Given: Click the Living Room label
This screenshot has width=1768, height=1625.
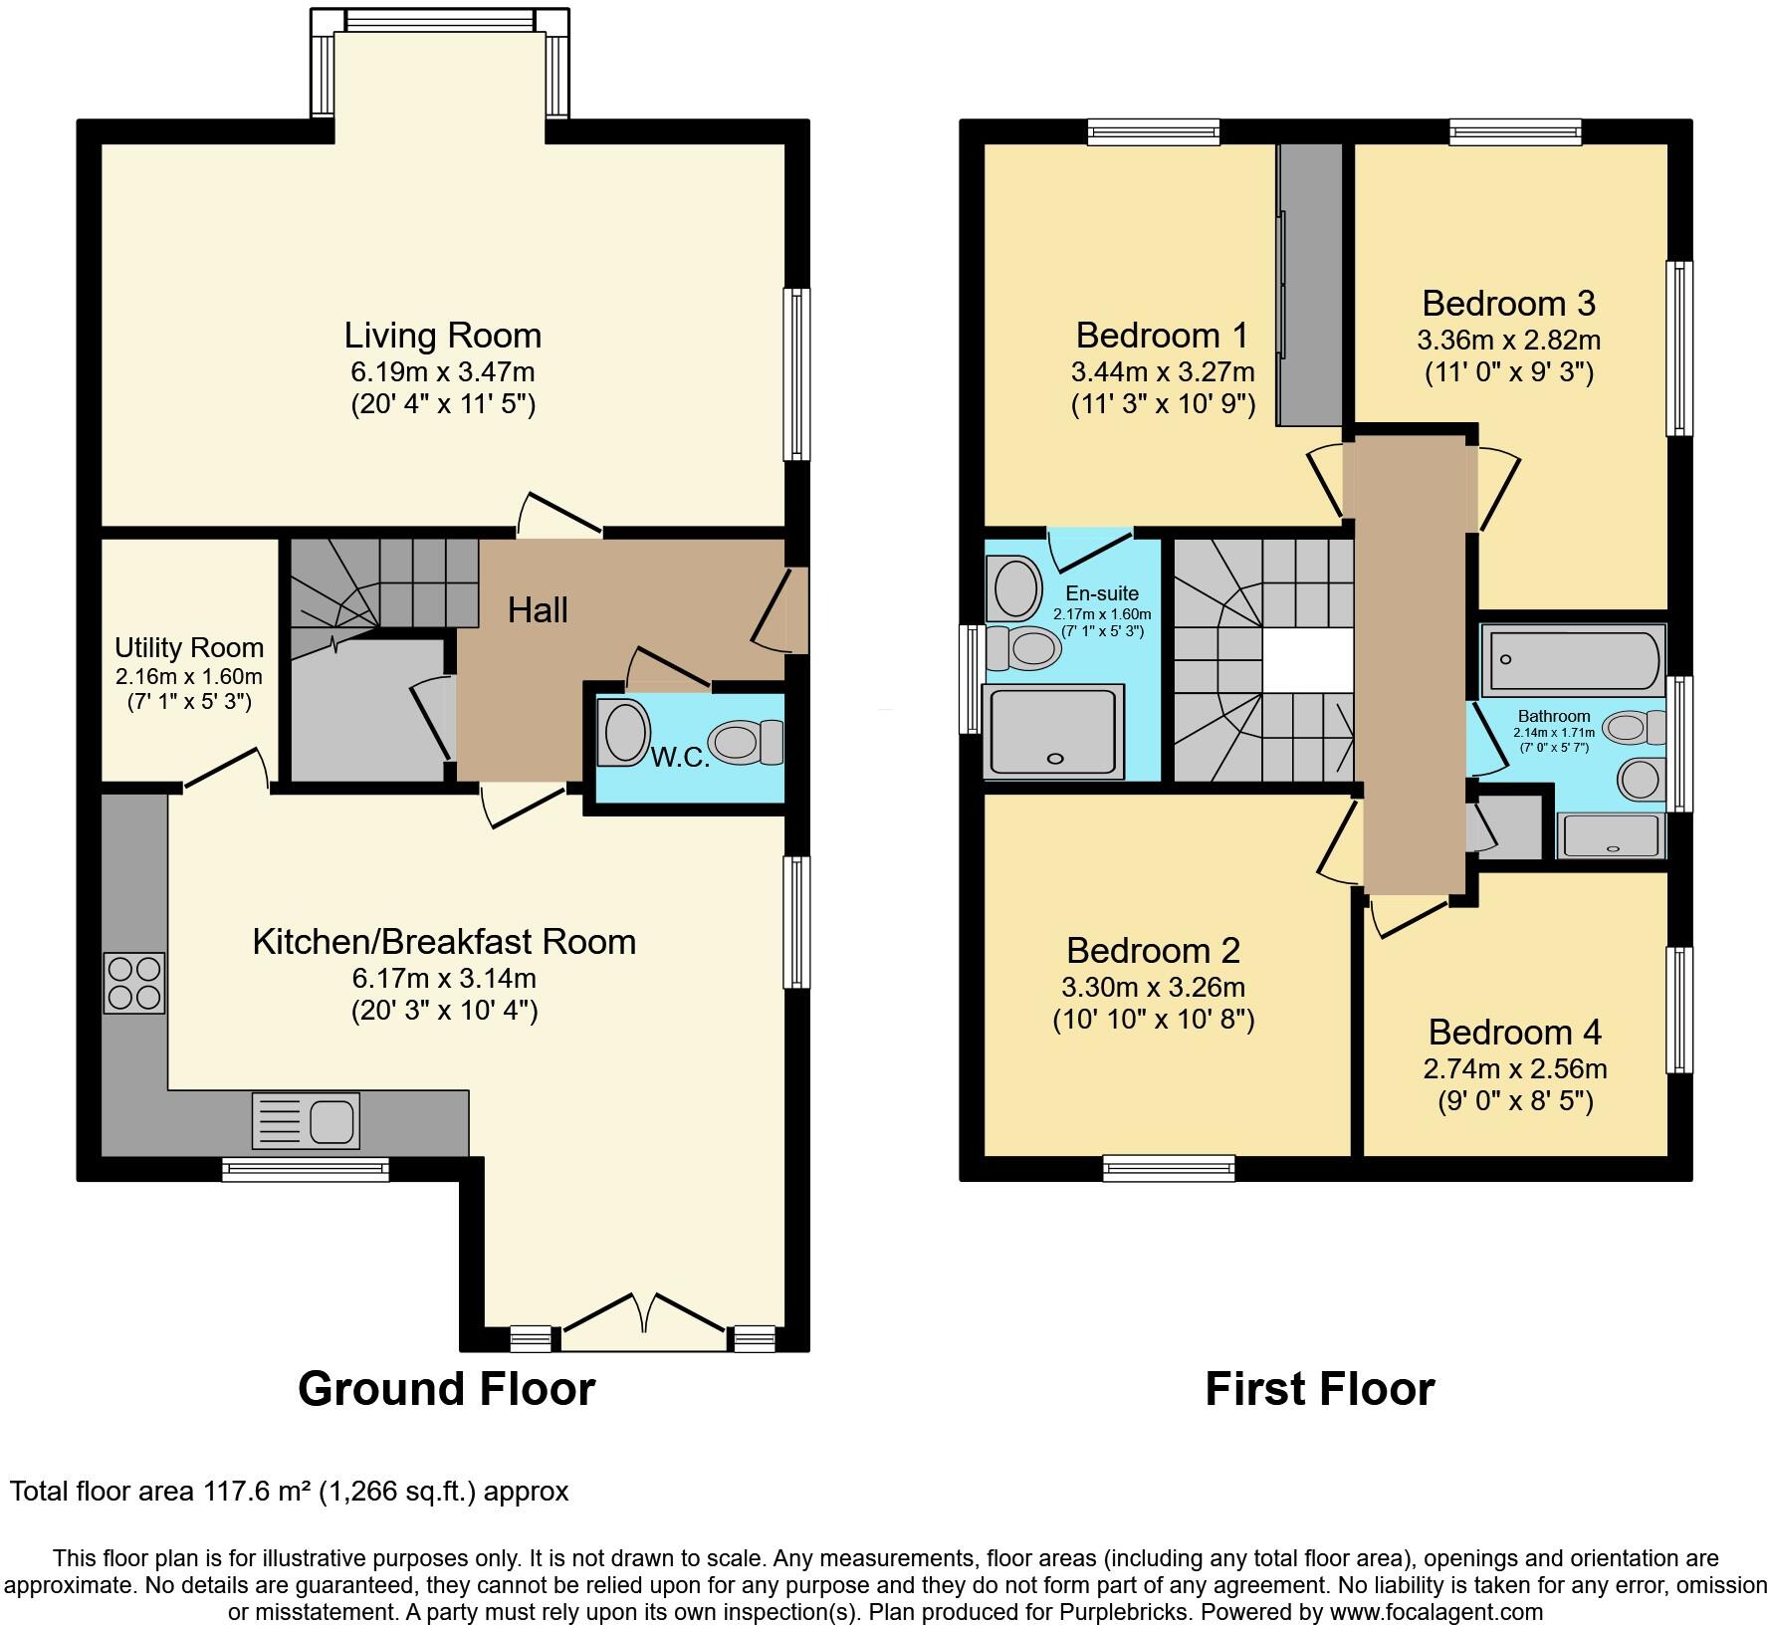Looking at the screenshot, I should coord(443,336).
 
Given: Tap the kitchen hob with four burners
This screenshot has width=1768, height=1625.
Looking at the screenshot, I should coord(134,983).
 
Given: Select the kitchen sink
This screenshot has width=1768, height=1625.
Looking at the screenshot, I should coord(306,1120).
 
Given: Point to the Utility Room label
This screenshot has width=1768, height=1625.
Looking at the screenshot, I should coord(189,648).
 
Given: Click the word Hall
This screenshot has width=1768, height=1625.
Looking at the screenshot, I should coord(538,610).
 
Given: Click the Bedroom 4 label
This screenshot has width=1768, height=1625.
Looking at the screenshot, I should coord(1514,1033).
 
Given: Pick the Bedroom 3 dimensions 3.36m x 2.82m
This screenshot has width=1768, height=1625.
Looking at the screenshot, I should coord(1508,341).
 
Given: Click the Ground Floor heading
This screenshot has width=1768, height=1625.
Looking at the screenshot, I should coord(446,1389).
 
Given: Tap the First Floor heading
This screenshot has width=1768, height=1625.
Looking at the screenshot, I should coord(1319,1389).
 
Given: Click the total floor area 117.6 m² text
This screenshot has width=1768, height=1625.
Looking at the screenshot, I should coord(289,1492).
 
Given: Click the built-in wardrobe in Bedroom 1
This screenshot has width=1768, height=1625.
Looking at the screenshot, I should coord(1311,284).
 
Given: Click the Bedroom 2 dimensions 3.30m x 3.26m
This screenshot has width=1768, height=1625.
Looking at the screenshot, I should coord(1153,988).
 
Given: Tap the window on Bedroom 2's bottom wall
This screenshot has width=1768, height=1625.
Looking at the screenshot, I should coord(1169,1168).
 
